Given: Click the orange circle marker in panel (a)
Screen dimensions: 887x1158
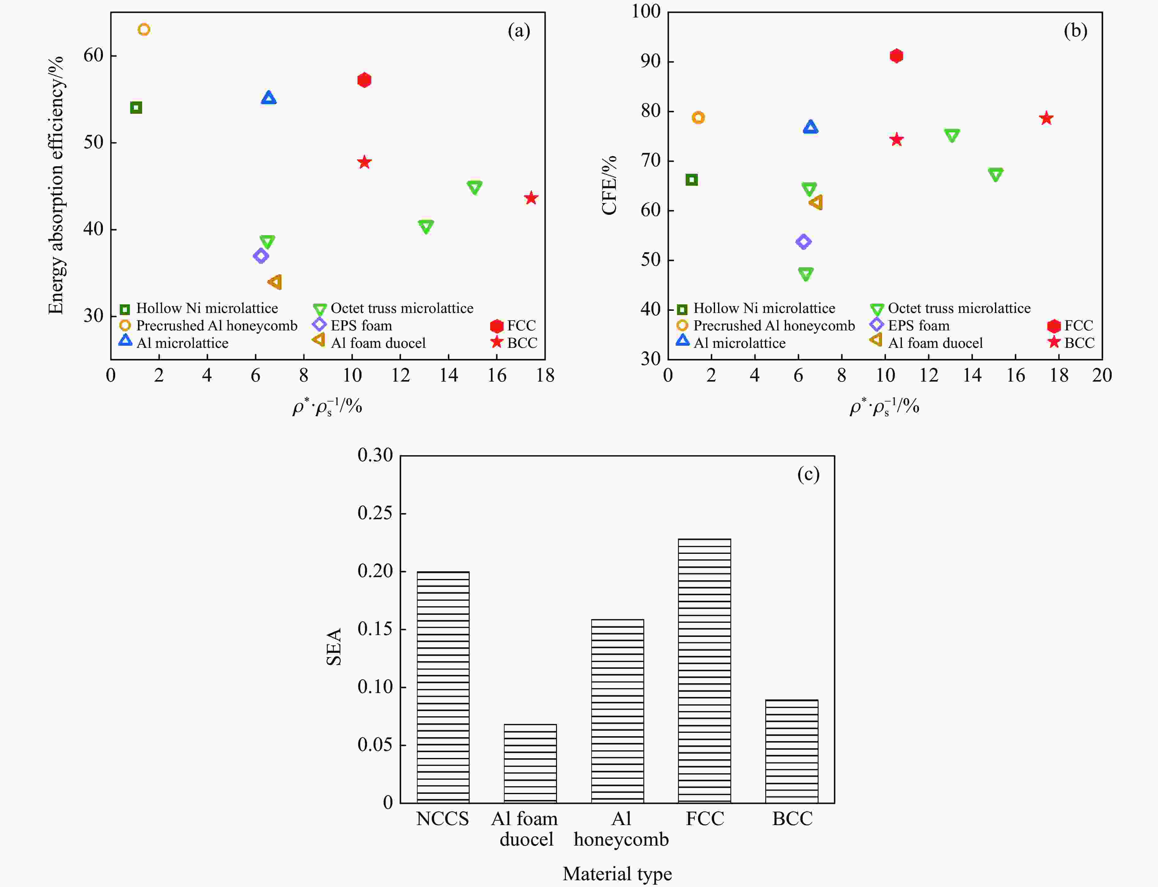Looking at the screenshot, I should click(144, 29).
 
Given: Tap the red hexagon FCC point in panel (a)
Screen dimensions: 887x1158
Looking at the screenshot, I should click(364, 80).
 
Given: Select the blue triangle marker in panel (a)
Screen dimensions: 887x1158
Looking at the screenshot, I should click(269, 98).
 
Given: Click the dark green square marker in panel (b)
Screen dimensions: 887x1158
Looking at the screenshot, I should click(691, 180).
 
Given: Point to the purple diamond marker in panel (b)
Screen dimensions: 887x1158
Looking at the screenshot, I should click(803, 242).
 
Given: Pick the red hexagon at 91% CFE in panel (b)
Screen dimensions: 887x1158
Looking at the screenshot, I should click(896, 56).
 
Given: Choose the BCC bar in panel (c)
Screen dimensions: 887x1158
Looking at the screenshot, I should click(791, 751).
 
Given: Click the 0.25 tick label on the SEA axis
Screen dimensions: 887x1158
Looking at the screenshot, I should click(375, 513).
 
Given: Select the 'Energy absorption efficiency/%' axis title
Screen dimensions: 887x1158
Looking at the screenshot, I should click(56, 185).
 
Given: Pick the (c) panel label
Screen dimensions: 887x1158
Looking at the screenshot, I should click(808, 474).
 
